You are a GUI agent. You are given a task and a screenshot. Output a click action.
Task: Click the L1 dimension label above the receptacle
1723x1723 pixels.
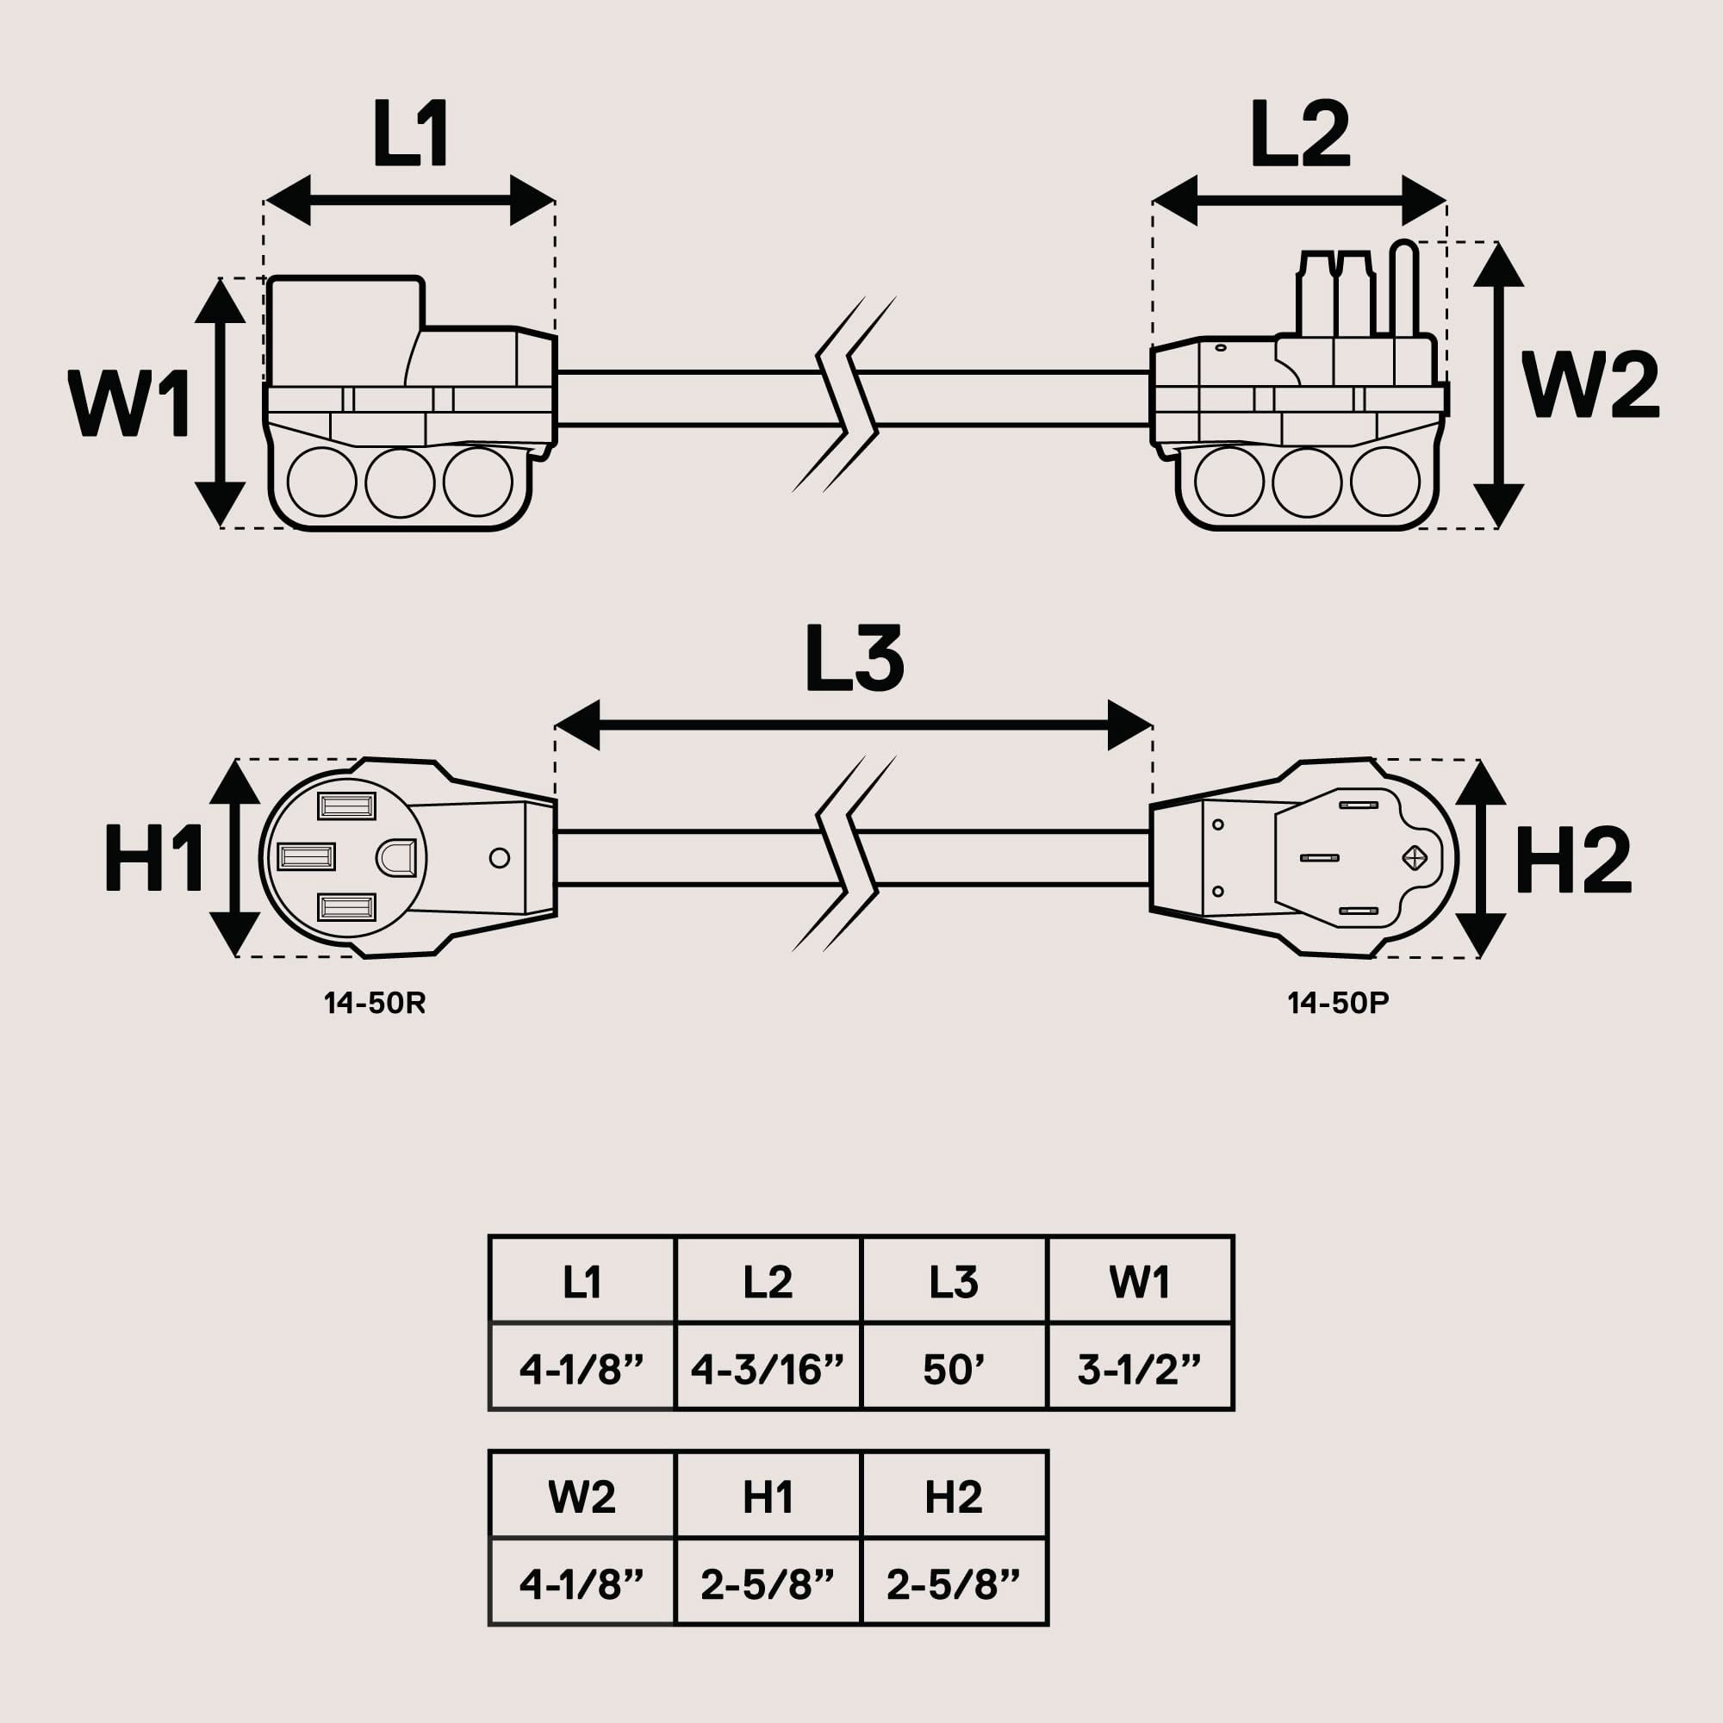point(410,134)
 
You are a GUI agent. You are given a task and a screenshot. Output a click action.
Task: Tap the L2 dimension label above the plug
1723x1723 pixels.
point(1299,134)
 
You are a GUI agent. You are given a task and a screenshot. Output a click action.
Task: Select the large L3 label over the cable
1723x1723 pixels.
point(854,659)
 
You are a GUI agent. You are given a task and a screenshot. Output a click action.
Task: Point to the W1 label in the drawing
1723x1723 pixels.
point(129,404)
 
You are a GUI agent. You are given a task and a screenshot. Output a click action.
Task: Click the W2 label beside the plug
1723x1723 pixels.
point(1590,385)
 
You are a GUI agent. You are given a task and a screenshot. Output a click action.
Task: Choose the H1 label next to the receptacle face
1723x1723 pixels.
point(153,858)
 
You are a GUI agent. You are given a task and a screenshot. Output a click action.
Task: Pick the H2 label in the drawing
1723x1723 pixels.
point(1573,861)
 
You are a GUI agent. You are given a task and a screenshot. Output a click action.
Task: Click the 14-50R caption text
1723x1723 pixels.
point(375,1004)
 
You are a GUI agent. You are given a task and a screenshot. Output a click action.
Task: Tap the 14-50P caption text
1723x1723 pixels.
point(1338,1004)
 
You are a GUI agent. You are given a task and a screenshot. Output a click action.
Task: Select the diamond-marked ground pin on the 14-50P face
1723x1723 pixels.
point(1415,858)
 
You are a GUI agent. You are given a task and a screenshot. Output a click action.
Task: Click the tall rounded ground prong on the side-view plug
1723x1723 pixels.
point(1403,289)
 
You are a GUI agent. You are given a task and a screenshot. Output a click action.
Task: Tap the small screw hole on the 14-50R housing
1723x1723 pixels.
point(500,858)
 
